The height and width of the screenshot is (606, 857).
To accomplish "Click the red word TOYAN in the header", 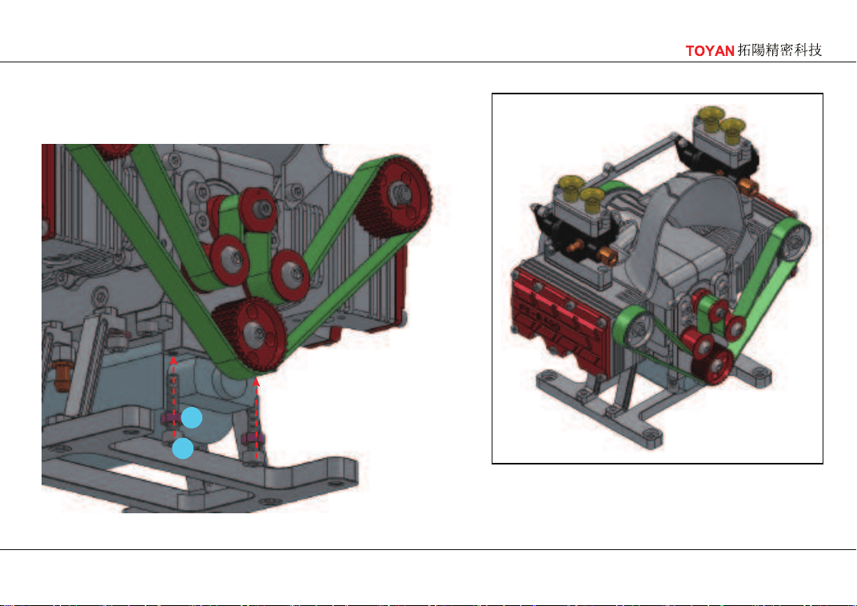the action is pos(709,51).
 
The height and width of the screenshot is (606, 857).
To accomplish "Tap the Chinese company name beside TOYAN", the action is pos(779,50).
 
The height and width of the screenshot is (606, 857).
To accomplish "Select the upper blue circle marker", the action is pos(192,418).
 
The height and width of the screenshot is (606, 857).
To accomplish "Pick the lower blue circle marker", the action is pos(182,449).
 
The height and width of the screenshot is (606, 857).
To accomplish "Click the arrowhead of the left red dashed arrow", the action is pos(173,360).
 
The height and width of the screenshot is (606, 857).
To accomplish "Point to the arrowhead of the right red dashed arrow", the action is pos(257,381).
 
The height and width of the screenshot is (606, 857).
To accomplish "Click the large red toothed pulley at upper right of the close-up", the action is pos(393,196).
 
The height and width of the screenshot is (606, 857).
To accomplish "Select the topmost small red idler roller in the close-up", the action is pos(258,208).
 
